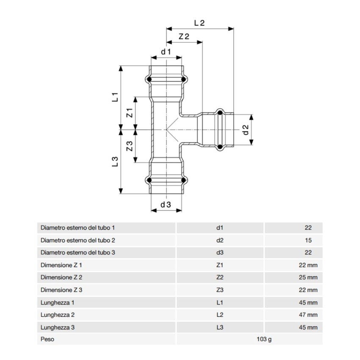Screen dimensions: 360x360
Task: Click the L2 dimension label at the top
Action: click(x=199, y=24)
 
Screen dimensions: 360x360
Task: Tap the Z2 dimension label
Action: click(x=184, y=37)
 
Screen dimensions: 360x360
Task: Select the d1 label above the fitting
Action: click(x=166, y=52)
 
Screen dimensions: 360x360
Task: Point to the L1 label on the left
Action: click(x=115, y=97)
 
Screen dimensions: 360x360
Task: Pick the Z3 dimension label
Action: click(x=130, y=146)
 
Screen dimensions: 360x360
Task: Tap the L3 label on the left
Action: click(x=115, y=161)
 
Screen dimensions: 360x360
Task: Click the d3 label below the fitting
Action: click(x=166, y=204)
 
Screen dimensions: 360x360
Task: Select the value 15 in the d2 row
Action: click(x=308, y=240)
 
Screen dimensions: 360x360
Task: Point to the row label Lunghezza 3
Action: click(x=58, y=327)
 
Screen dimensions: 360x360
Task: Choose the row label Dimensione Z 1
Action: click(x=61, y=266)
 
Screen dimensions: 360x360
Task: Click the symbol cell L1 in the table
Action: click(x=219, y=303)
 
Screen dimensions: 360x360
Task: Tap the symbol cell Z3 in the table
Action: click(x=219, y=290)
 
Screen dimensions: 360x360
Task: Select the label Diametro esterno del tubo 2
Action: click(x=78, y=240)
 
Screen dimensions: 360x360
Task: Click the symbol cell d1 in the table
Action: click(x=219, y=228)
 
